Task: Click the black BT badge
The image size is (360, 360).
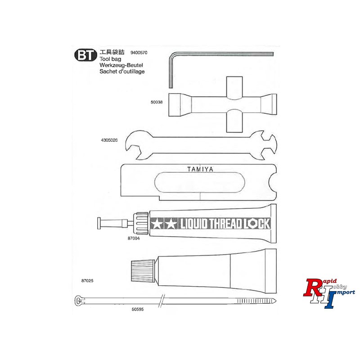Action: (x=85, y=55)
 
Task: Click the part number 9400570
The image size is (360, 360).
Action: (x=139, y=53)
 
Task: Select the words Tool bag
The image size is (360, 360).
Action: (x=110, y=59)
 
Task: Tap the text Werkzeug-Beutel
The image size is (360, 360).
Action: (x=121, y=65)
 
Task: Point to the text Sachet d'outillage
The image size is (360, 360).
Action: (x=122, y=72)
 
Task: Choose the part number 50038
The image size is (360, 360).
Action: (x=157, y=102)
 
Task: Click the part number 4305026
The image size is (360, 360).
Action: (x=109, y=140)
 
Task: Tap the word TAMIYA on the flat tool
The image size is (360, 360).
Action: (x=200, y=170)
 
